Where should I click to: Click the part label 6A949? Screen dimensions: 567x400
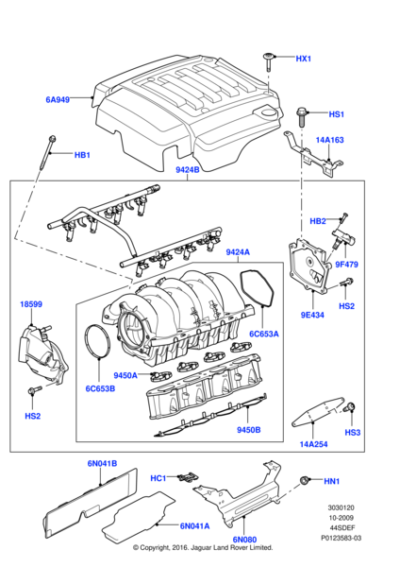tap(58, 98)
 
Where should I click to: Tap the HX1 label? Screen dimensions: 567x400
tap(303, 59)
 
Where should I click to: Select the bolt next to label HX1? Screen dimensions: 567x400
tap(269, 60)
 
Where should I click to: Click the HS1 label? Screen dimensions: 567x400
tap(336, 114)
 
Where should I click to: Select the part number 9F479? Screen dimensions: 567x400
tap(348, 264)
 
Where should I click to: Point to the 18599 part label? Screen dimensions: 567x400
tap(31, 304)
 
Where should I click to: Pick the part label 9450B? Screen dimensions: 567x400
tap(248, 430)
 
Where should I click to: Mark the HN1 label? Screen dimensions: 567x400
tap(332, 481)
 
